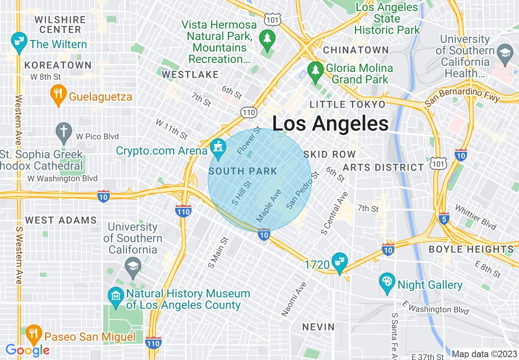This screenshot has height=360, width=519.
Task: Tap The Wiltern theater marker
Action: pos(18,42)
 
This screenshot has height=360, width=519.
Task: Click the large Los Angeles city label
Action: pos(330,123)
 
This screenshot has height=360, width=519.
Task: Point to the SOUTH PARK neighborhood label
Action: pos(243,171)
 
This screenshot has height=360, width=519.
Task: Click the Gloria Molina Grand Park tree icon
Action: pos(316,72)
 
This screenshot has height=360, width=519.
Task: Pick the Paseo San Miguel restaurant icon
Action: pos(34,335)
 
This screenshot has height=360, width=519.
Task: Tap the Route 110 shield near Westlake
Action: pos(248,112)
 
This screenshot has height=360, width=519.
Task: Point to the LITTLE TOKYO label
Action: pos(348,104)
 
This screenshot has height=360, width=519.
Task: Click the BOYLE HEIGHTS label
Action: pos(471,249)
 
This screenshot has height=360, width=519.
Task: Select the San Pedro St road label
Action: pos(302,191)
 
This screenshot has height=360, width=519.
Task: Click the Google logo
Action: pos(28,350)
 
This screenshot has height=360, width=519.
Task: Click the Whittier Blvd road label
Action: pos(475,217)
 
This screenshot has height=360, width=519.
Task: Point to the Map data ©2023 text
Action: pos(484,354)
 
